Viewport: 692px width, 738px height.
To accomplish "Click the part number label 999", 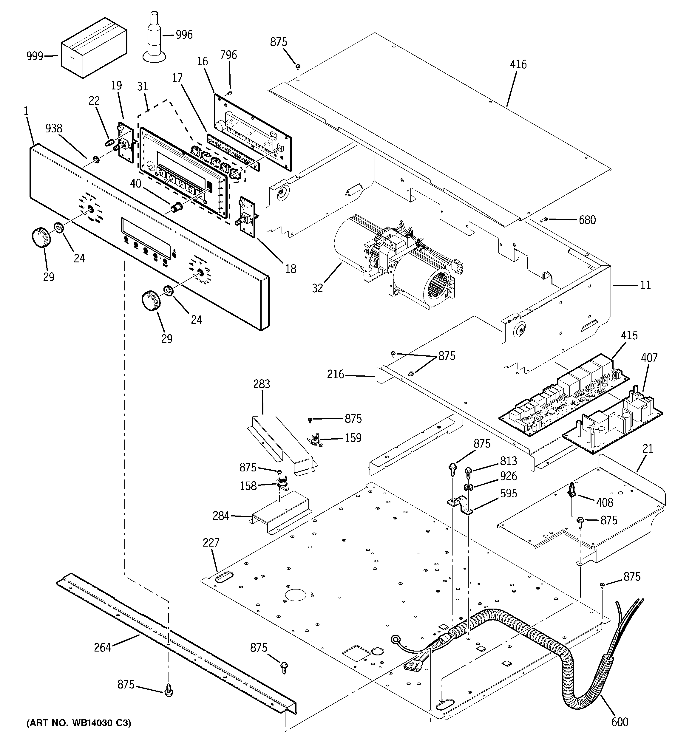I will [x=35, y=56].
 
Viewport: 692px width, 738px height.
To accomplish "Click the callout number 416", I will [x=518, y=65].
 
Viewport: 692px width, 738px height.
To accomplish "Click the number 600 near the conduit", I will [x=620, y=722].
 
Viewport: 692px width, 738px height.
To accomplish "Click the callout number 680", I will [x=587, y=220].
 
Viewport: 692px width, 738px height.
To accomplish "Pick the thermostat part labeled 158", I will [x=283, y=484].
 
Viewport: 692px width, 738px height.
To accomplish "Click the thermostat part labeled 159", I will [x=315, y=440].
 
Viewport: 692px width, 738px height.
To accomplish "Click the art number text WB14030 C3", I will [x=79, y=723].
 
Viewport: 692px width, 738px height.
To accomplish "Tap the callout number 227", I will [x=211, y=543].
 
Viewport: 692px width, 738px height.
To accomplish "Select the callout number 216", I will [x=336, y=374].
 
